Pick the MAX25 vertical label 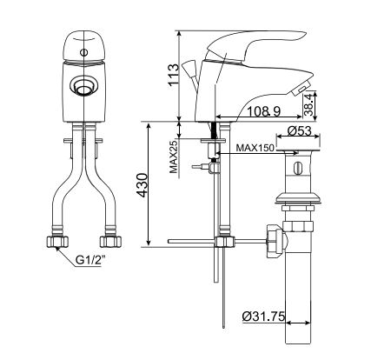point(174,157)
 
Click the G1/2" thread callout point(91,258)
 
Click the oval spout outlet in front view point(84,85)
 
